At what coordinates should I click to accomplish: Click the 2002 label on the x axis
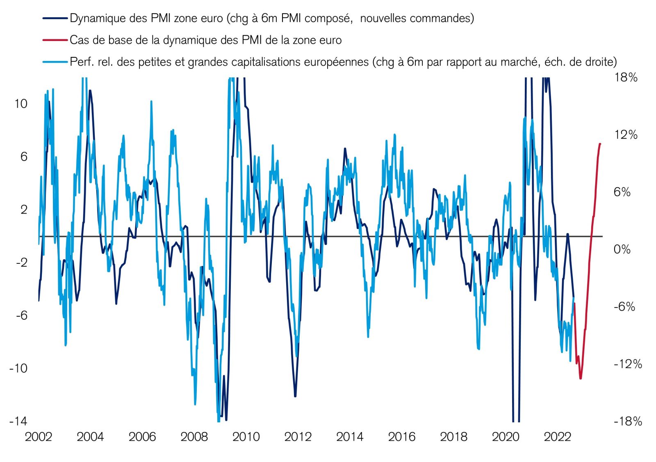(39, 437)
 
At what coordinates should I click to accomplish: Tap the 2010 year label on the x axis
(246, 437)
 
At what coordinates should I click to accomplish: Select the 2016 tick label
(402, 437)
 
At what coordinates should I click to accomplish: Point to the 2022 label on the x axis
(557, 437)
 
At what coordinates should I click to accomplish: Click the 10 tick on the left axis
(21, 104)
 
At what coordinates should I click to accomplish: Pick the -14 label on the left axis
(18, 421)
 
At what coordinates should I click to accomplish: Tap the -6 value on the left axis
(21, 315)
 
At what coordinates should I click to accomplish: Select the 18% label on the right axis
(626, 77)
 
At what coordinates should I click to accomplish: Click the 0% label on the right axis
(622, 249)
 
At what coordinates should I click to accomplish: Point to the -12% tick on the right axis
(628, 364)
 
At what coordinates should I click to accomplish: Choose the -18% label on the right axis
(628, 421)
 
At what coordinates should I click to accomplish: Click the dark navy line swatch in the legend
(55, 18)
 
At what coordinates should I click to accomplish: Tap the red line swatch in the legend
(55, 40)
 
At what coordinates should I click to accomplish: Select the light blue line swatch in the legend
(55, 62)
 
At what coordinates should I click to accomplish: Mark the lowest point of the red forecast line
(581, 378)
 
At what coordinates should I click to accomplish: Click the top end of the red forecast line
(600, 144)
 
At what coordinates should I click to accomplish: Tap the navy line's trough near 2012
(295, 396)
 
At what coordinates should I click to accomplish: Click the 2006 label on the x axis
(142, 437)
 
